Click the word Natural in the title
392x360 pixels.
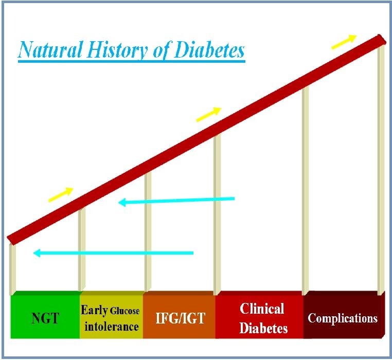click(50, 49)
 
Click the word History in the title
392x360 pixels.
click(117, 50)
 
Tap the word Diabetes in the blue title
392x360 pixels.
click(209, 49)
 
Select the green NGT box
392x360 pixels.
click(45, 315)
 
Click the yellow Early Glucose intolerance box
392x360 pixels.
click(112, 315)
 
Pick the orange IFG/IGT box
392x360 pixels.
click(179, 315)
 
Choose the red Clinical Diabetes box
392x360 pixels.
click(259, 315)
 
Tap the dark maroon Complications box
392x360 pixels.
click(344, 315)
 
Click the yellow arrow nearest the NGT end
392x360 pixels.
click(61, 194)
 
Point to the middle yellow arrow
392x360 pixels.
click(209, 114)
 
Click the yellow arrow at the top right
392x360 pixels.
click(344, 42)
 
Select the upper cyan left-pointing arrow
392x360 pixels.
click(176, 201)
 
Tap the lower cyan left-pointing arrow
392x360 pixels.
click(113, 253)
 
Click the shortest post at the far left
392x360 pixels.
click(12, 268)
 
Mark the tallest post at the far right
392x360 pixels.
click(381, 169)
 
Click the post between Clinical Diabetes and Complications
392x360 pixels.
click(305, 190)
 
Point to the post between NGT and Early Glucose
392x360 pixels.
click(82, 249)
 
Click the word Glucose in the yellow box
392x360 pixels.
click(124, 311)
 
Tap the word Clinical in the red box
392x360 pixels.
click(262, 309)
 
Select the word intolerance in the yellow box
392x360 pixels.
click(112, 327)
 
